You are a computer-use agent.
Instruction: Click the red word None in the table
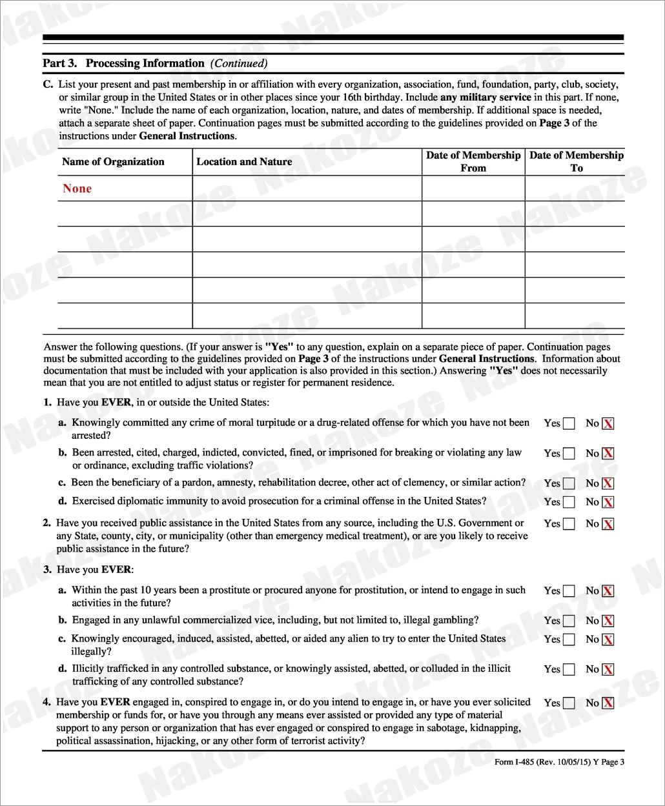tap(77, 188)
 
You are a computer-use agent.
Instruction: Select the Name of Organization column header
tap(113, 162)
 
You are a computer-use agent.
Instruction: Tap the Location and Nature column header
tap(244, 162)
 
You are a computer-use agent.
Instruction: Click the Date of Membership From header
tap(473, 161)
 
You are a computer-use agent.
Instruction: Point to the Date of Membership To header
tap(577, 161)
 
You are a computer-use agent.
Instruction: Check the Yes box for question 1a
tap(569, 424)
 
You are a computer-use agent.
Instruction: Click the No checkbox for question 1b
tap(608, 454)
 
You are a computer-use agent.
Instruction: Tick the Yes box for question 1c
tap(569, 483)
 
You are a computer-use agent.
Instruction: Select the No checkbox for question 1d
tap(608, 502)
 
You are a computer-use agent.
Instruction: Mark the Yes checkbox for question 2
tap(569, 524)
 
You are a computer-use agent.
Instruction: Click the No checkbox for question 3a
tap(608, 591)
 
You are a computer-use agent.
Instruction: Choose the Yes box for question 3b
tap(569, 621)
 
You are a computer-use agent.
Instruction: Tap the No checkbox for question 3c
tap(608, 640)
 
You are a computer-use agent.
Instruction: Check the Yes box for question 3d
tap(569, 670)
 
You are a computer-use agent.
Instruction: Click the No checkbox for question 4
tap(608, 703)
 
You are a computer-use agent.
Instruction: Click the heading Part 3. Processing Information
tap(123, 63)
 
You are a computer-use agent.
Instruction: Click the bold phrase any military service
tap(486, 97)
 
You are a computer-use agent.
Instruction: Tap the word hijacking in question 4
tap(176, 741)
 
